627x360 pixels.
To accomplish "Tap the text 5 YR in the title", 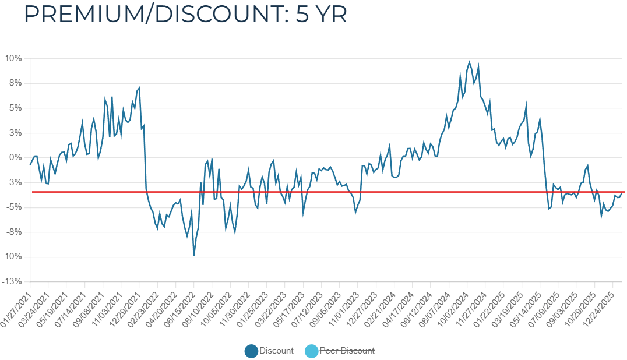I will pos(322,14).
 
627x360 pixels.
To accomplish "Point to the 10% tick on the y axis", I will pos(13,58).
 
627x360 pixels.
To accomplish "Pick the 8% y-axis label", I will pos(15,83).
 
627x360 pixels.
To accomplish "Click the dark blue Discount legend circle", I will pos(251,351).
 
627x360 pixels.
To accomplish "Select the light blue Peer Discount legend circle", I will pos(312,351).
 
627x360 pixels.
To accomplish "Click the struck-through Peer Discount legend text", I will pos(348,351).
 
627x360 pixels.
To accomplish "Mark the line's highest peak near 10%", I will pos(469,62).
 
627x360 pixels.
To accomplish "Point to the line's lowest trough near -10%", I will pos(194,255).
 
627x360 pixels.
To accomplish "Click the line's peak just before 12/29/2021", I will pos(139,88).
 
